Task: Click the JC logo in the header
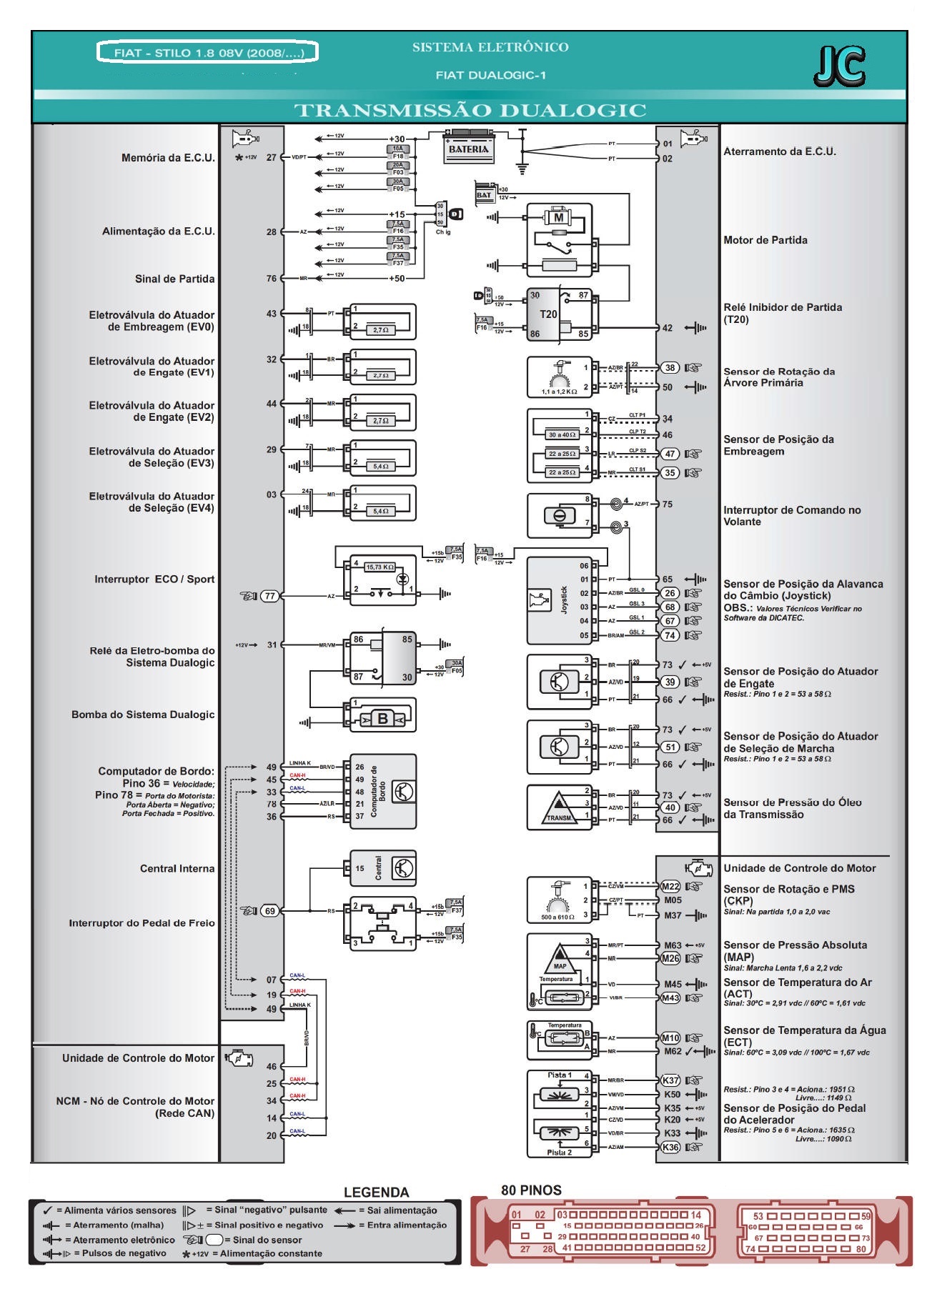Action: (839, 67)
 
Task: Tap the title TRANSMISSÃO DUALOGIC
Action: (470, 110)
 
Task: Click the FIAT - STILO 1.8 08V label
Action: (207, 53)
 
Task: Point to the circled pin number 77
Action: (269, 595)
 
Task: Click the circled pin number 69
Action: (269, 910)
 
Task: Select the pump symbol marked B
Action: (382, 718)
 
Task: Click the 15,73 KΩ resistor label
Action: (380, 567)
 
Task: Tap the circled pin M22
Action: (670, 886)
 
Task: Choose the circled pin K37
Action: (670, 1080)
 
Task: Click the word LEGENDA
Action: (376, 1192)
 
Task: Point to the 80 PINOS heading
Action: (531, 1190)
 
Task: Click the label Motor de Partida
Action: (765, 240)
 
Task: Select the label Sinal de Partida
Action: (174, 279)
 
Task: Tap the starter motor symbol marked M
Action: (559, 217)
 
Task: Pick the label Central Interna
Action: (177, 868)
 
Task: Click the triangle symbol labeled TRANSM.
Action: (559, 807)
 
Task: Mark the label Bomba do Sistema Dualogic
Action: (143, 714)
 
